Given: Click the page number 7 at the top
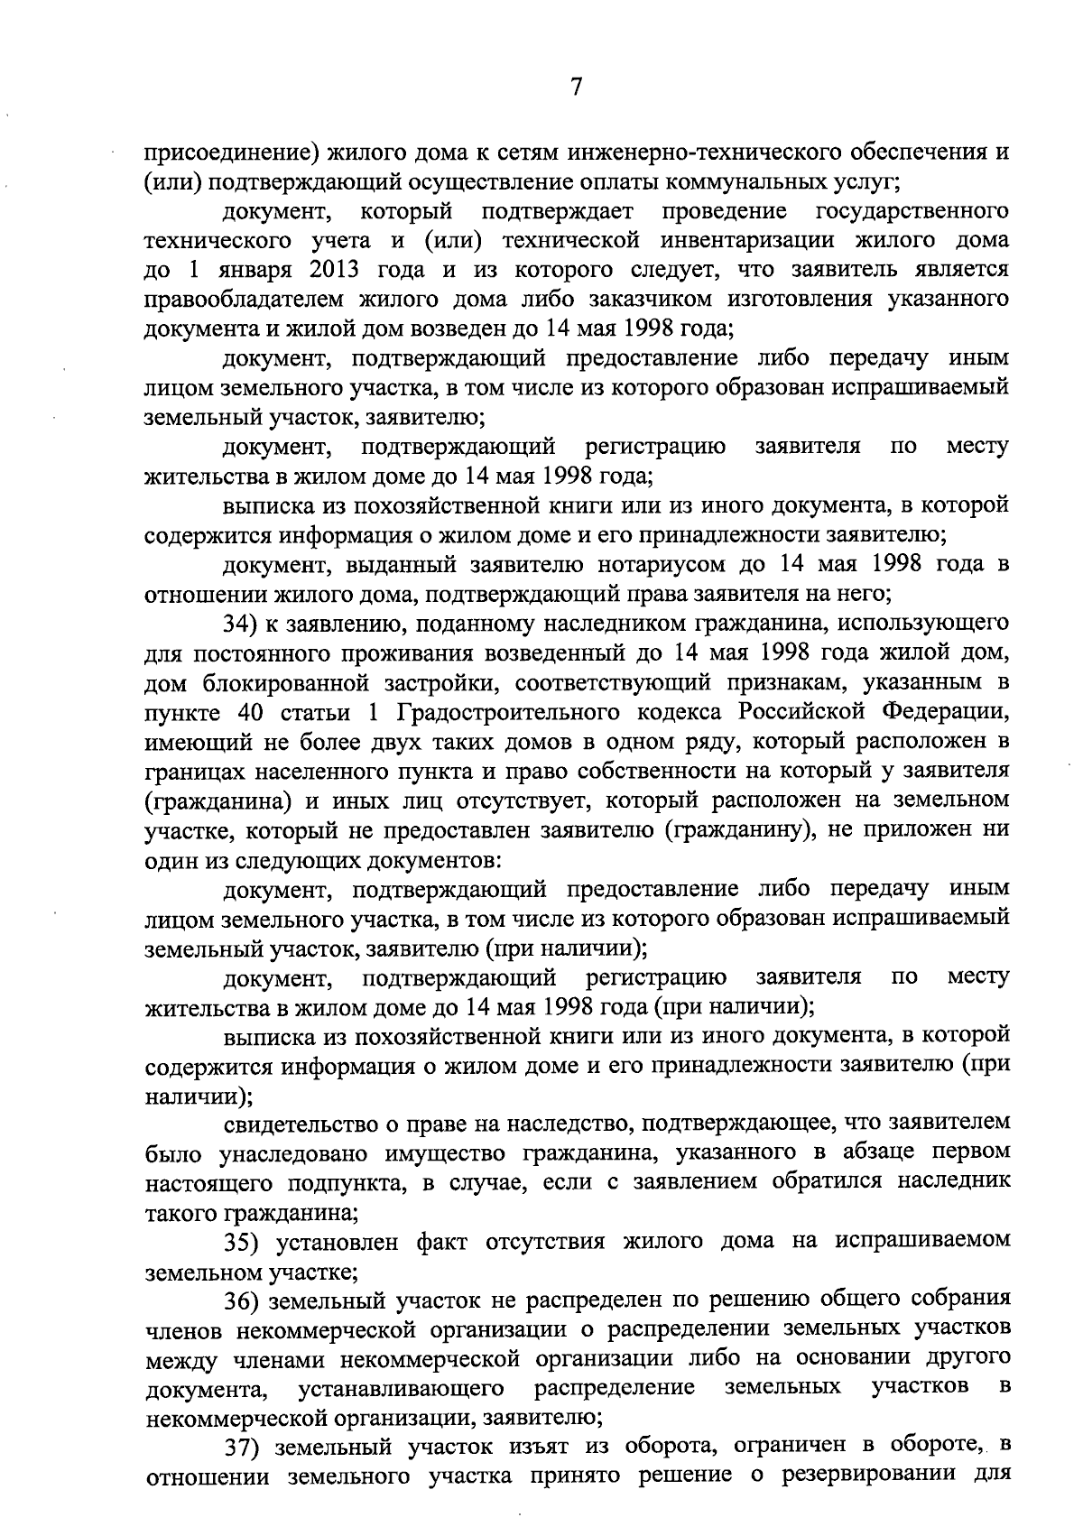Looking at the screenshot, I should click(x=577, y=88).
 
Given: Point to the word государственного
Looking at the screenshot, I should click(x=912, y=211).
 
